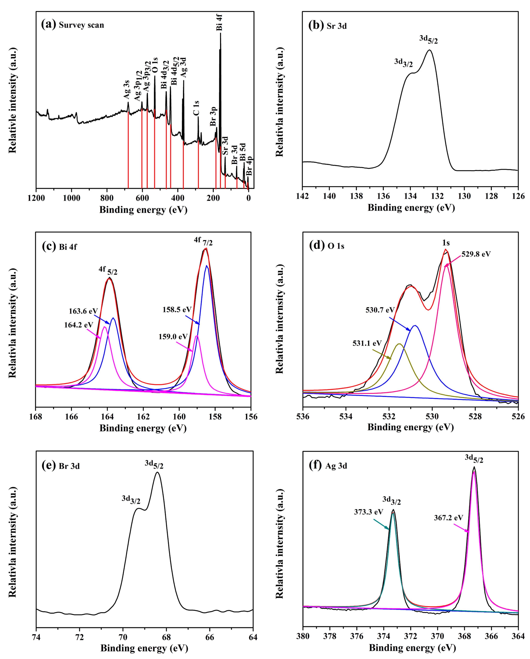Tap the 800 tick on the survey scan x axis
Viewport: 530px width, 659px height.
[x=107, y=198]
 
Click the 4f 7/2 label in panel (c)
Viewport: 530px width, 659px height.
[x=203, y=241]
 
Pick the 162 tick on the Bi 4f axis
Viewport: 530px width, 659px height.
[x=143, y=417]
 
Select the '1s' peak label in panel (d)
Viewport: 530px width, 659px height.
[x=446, y=243]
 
